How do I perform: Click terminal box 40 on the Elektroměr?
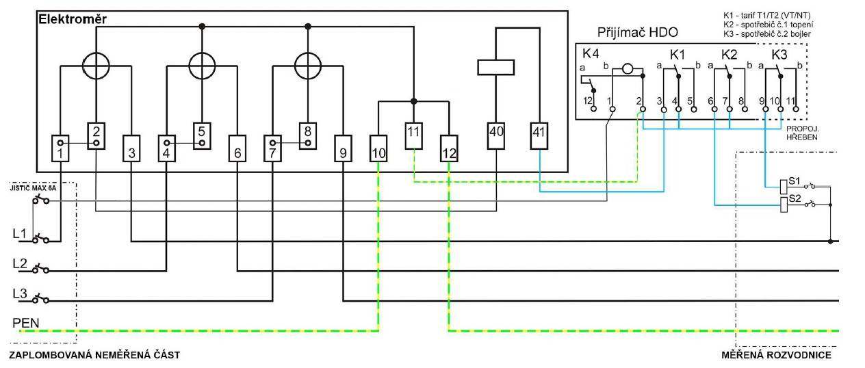click(496, 136)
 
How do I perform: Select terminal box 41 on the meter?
click(539, 136)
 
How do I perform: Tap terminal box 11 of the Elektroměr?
click(413, 136)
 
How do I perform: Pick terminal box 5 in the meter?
click(202, 136)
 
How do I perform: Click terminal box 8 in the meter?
click(308, 136)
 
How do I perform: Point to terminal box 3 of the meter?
click(131, 148)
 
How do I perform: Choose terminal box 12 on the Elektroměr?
click(449, 148)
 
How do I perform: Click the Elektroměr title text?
click(73, 19)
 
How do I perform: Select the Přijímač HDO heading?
click(638, 32)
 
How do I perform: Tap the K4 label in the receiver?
click(591, 53)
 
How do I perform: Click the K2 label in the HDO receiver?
click(729, 55)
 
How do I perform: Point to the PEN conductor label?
click(26, 323)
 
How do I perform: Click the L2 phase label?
click(20, 263)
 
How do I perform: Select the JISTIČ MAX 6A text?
click(33, 188)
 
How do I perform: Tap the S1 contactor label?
click(795, 181)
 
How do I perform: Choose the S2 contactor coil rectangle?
click(784, 205)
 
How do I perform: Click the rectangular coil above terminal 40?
click(496, 68)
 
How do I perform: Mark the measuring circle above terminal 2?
click(96, 66)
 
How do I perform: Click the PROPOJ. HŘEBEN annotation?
click(802, 133)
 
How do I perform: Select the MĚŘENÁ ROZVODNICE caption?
click(776, 355)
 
